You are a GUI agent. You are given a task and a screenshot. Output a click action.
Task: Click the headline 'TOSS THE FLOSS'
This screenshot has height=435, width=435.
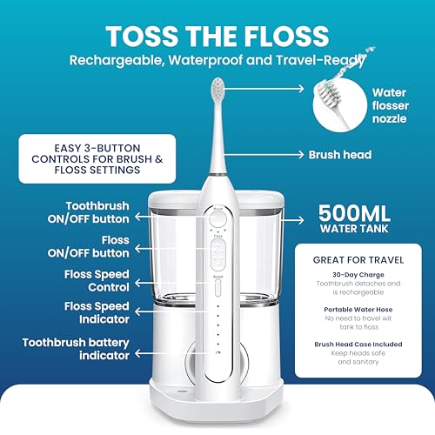pos(217,36)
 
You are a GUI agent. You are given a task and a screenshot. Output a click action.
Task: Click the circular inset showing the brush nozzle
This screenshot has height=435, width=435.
pos(339,105)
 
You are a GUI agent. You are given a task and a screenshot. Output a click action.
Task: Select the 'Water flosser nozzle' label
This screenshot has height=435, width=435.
pos(391,105)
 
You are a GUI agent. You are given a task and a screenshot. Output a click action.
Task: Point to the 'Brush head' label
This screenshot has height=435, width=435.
pos(340,155)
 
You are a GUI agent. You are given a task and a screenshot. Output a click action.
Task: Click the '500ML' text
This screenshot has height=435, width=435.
pos(354,213)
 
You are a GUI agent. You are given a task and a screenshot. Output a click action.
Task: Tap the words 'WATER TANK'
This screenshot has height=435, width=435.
pos(354,229)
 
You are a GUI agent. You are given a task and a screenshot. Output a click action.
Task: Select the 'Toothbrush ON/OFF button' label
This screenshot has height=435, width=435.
pos(89,212)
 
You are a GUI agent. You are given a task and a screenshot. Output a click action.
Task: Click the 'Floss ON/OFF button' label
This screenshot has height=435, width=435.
pos(89,246)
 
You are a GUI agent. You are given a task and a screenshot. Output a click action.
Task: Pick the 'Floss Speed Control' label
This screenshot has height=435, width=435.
pos(97,281)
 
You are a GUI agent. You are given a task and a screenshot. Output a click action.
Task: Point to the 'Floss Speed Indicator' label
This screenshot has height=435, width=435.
pos(97,312)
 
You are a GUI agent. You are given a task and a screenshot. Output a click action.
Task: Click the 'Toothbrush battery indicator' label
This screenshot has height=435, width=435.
pos(76,349)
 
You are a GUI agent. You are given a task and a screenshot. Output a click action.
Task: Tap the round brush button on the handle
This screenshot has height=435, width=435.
pos(217,219)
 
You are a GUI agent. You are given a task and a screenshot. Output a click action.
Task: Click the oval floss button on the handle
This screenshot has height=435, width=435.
pos(218,254)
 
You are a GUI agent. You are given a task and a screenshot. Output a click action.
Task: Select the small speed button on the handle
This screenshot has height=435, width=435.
pos(218,288)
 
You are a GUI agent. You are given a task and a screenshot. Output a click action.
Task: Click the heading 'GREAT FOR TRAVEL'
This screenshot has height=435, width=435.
pos(358,260)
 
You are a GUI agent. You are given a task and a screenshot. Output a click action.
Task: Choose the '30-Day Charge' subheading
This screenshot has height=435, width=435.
pos(358,275)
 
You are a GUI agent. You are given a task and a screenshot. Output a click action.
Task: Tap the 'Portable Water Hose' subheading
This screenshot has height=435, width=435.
pos(358,310)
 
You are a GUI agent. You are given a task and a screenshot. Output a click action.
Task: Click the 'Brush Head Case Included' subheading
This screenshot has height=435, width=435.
pos(358,345)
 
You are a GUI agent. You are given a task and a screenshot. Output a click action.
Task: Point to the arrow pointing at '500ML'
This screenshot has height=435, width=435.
pos(292,220)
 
